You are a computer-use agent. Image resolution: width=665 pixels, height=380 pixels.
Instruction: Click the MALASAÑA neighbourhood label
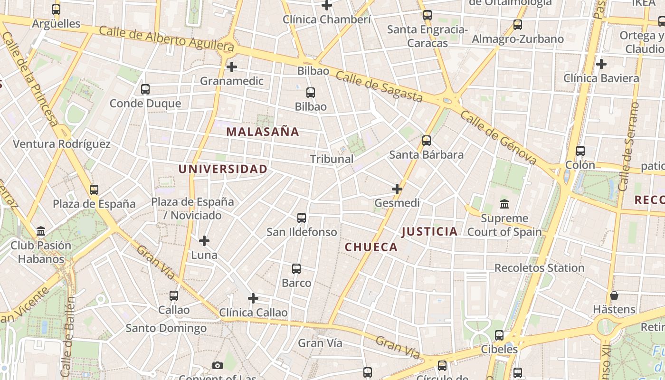click(x=263, y=132)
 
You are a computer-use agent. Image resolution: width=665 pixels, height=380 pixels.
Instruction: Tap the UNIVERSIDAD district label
click(x=223, y=169)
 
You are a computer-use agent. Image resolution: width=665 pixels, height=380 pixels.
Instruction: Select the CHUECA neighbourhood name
click(x=371, y=247)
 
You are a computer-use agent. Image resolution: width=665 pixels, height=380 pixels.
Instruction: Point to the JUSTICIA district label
click(x=429, y=232)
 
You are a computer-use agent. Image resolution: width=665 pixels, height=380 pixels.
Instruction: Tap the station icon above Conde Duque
click(x=145, y=89)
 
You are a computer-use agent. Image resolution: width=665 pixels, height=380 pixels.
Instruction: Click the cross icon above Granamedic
click(x=231, y=67)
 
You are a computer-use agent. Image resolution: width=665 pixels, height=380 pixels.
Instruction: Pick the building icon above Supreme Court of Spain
click(x=504, y=204)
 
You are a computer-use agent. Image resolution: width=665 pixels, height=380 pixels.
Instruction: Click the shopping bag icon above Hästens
click(x=614, y=295)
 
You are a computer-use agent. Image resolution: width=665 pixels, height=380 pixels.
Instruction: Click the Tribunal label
click(x=332, y=159)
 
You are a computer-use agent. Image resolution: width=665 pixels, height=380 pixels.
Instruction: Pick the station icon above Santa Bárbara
click(x=427, y=140)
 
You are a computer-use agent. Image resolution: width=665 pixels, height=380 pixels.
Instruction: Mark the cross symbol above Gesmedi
click(x=397, y=189)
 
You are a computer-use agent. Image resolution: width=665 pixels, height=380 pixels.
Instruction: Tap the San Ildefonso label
click(x=302, y=232)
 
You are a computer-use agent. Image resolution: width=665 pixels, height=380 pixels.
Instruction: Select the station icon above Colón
click(x=580, y=151)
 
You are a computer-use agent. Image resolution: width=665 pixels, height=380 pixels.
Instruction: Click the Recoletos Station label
click(x=539, y=268)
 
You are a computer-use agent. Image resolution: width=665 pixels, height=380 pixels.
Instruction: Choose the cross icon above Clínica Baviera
click(x=601, y=64)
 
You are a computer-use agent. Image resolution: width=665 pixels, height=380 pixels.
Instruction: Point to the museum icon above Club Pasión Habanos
click(x=41, y=231)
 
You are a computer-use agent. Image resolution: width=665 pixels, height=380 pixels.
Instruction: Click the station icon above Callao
click(x=174, y=295)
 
